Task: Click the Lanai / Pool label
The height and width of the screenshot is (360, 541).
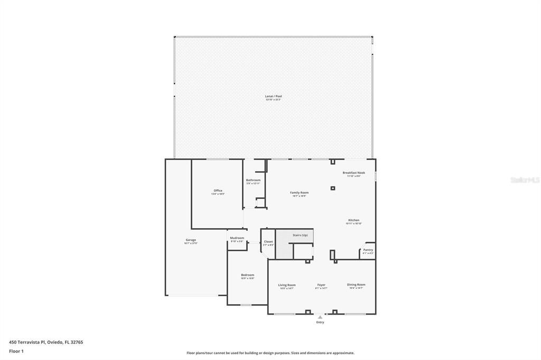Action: (x=273, y=97)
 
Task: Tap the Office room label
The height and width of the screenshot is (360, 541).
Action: (x=218, y=191)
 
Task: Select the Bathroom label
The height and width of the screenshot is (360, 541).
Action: (x=253, y=181)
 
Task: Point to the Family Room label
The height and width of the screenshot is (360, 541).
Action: (x=299, y=193)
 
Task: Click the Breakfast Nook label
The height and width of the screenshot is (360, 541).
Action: (x=353, y=173)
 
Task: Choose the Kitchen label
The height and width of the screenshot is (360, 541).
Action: (x=353, y=220)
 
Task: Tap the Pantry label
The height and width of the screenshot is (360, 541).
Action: (x=368, y=250)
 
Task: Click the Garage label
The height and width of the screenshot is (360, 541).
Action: (x=190, y=240)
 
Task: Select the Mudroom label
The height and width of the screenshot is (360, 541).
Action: (x=237, y=238)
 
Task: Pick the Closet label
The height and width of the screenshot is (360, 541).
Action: (x=268, y=242)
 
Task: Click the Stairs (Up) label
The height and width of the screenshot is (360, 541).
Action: (x=300, y=235)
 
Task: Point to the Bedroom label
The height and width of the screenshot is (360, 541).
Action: (x=248, y=275)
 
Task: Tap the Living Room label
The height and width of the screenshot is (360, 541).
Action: (x=287, y=285)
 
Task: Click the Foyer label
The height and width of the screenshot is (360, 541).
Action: (x=321, y=285)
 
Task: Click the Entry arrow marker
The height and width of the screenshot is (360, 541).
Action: (x=320, y=317)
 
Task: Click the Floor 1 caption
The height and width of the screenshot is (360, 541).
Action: (x=16, y=351)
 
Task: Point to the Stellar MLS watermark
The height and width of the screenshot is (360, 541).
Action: (x=525, y=180)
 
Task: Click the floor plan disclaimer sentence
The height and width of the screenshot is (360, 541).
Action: (x=270, y=353)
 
